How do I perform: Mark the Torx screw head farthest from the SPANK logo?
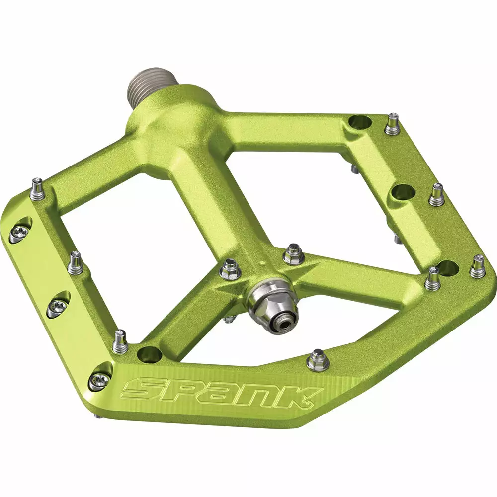click(x=18, y=231)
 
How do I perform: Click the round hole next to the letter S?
click(x=150, y=354)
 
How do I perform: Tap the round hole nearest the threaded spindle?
click(x=360, y=122)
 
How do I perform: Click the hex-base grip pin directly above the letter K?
click(x=317, y=360)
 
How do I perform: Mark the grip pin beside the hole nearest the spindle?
click(x=392, y=123)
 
